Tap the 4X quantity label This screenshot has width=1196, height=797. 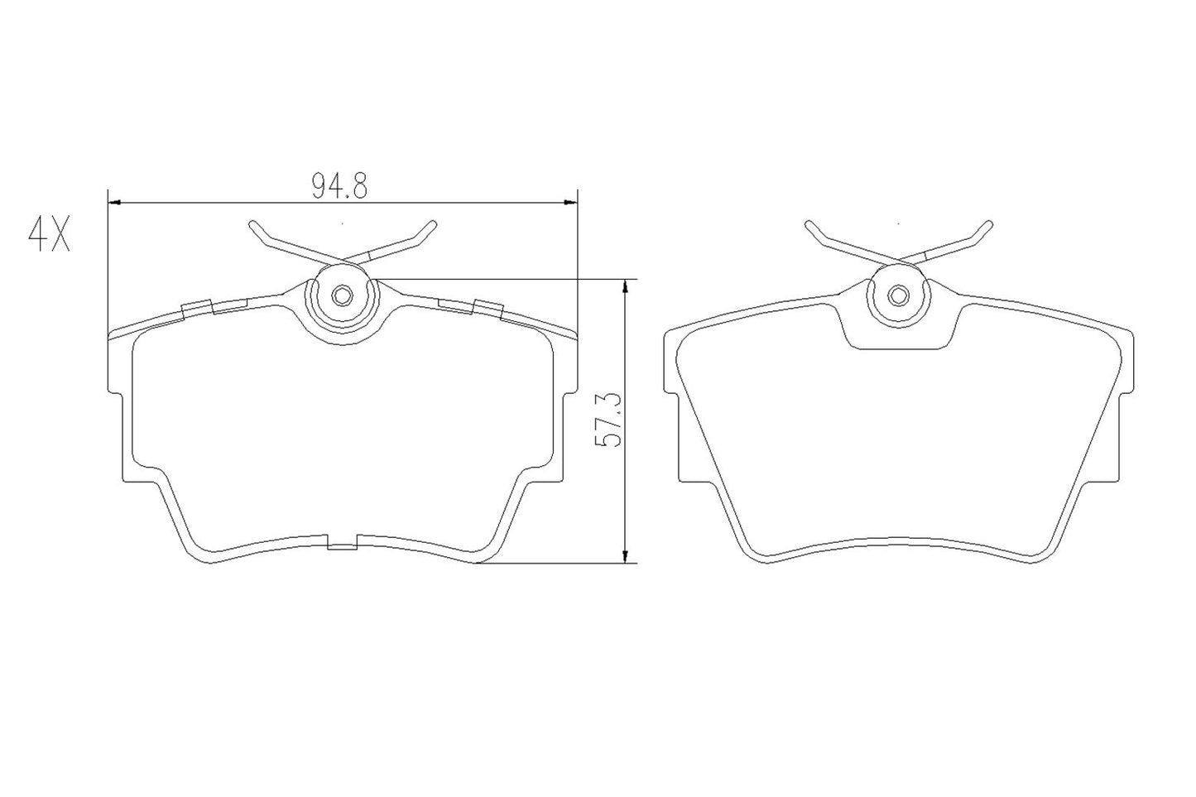tap(50, 236)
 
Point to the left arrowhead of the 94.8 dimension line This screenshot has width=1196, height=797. tap(115, 201)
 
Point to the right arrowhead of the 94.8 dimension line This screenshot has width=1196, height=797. tap(569, 201)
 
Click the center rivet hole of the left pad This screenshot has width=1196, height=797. tap(342, 295)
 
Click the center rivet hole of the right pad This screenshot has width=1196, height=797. tap(898, 295)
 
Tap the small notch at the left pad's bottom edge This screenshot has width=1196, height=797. tap(343, 544)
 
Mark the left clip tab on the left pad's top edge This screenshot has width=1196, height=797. tap(198, 307)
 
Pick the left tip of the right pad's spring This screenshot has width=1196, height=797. tap(809, 224)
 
